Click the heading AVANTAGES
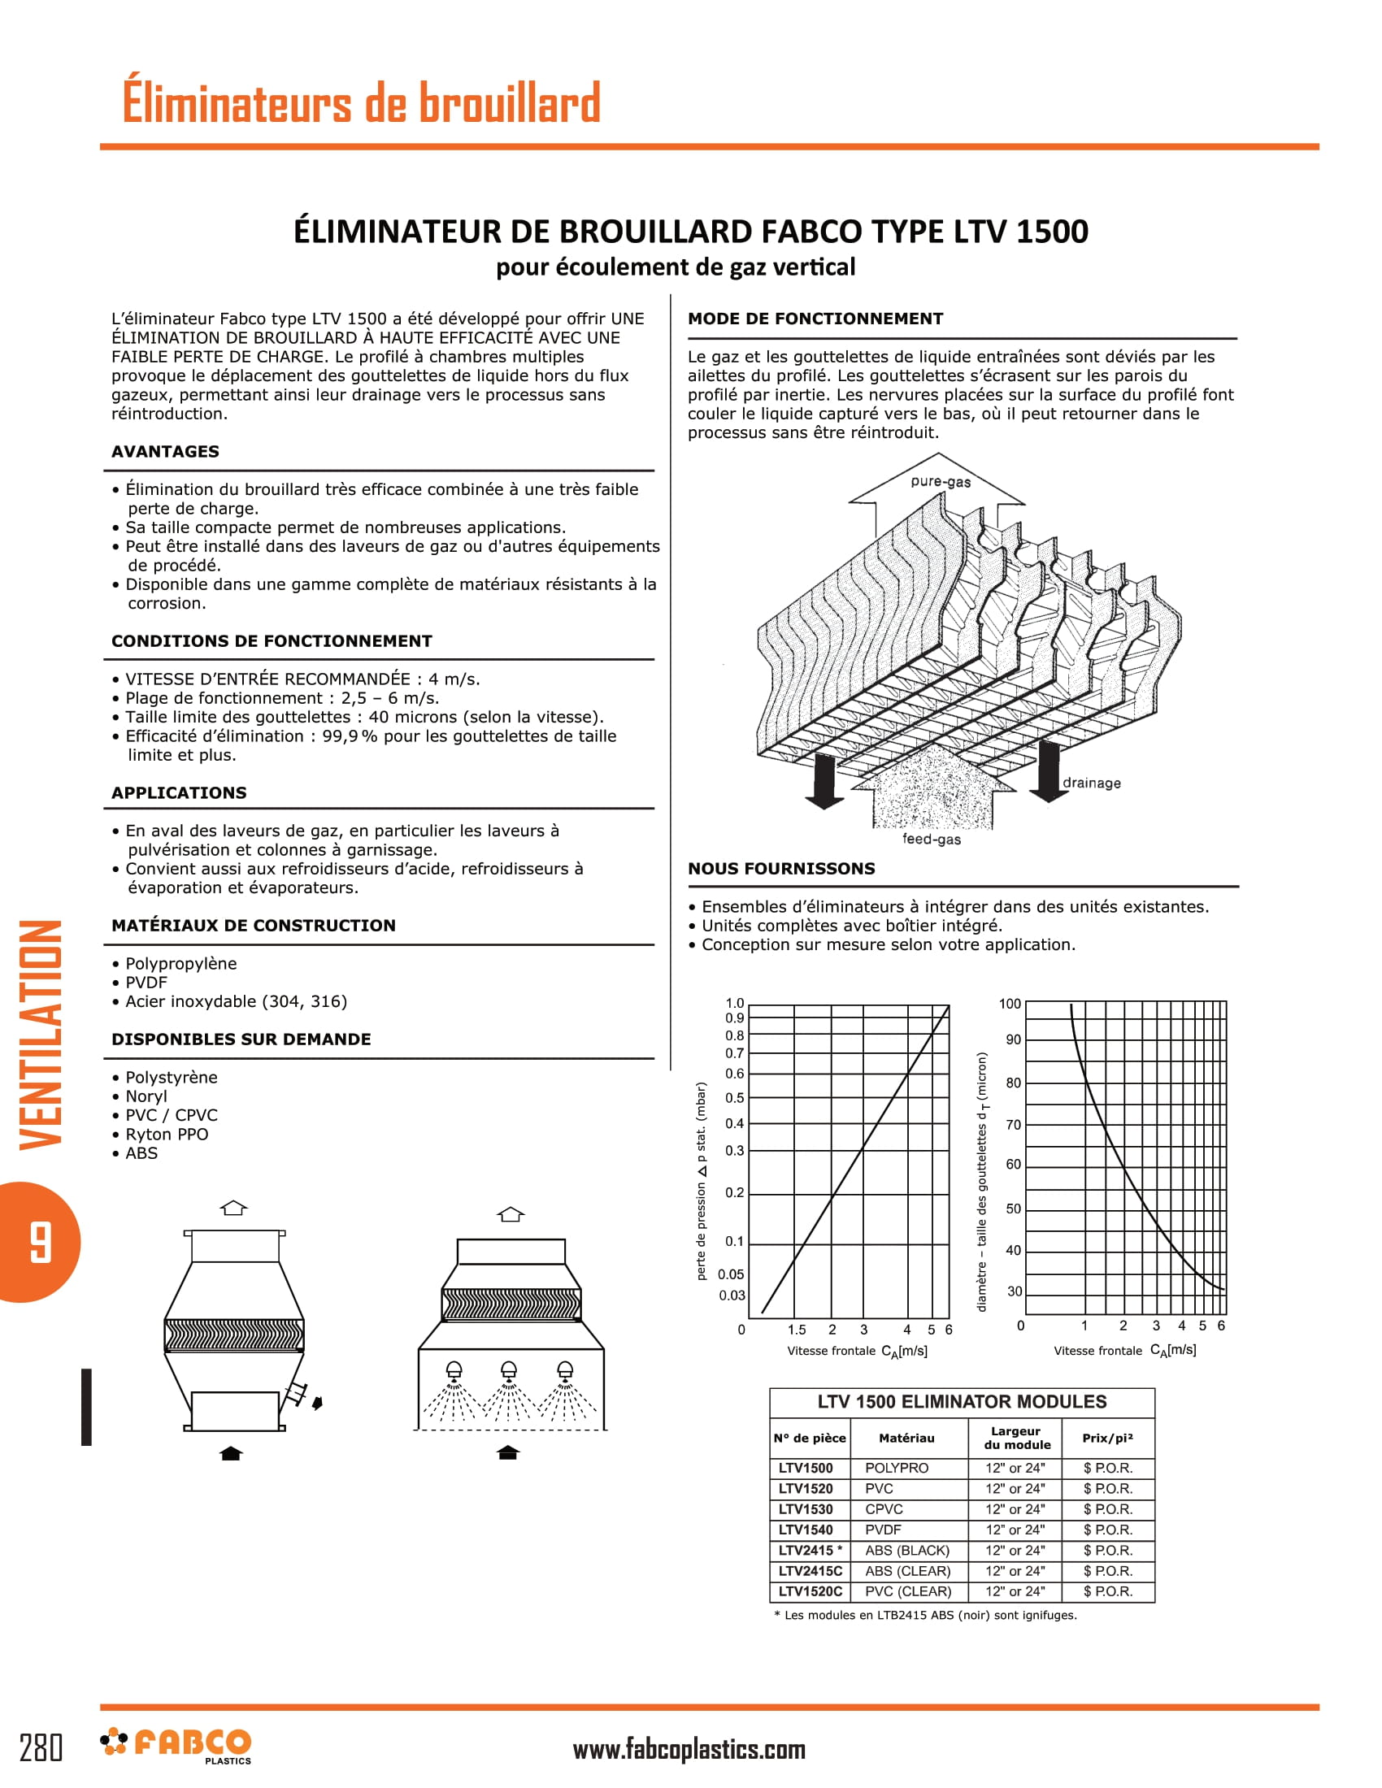(x=165, y=452)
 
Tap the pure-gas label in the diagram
(x=940, y=481)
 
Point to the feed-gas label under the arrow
(x=932, y=840)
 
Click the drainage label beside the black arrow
(x=1091, y=783)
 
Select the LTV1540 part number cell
(x=806, y=1530)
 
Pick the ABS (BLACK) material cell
(x=907, y=1551)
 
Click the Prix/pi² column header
(x=1107, y=1439)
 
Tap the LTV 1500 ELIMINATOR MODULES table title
(x=961, y=1402)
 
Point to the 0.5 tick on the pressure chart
(x=734, y=1098)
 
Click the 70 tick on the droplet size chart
(x=1014, y=1125)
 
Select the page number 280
(x=41, y=1748)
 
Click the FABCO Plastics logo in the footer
(x=176, y=1745)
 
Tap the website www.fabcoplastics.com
(x=689, y=1750)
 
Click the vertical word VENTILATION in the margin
(x=41, y=1035)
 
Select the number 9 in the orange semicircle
(x=39, y=1242)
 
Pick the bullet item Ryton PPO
(x=166, y=1135)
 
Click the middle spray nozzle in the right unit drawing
(x=508, y=1369)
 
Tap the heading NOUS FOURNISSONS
(x=781, y=869)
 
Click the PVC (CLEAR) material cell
(x=908, y=1591)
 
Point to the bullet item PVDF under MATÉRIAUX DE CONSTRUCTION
(x=146, y=983)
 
